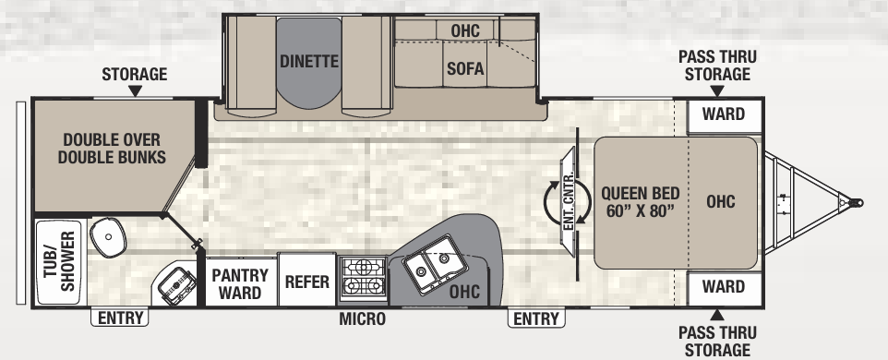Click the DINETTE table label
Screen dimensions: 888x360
click(x=309, y=61)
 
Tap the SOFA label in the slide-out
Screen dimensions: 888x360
click(x=465, y=68)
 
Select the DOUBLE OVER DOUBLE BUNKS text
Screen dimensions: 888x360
click(x=112, y=148)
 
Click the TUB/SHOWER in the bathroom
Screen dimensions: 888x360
click(x=59, y=261)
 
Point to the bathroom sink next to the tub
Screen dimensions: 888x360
click(x=108, y=236)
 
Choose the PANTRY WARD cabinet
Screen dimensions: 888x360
click(x=240, y=282)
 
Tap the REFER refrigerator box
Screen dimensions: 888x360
click(x=307, y=281)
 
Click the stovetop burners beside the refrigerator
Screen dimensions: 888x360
click(x=363, y=277)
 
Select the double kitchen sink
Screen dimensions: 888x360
click(x=433, y=264)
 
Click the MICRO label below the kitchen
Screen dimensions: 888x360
click(x=363, y=318)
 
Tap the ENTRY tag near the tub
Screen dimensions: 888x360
click(x=119, y=318)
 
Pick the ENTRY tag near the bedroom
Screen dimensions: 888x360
click(x=536, y=318)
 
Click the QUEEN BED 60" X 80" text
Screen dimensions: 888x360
click(x=641, y=202)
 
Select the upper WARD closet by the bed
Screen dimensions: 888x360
click(x=724, y=115)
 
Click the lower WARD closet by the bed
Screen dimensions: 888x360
click(x=724, y=288)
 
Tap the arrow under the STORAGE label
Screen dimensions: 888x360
click(x=135, y=91)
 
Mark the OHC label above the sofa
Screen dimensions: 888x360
click(x=465, y=30)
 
